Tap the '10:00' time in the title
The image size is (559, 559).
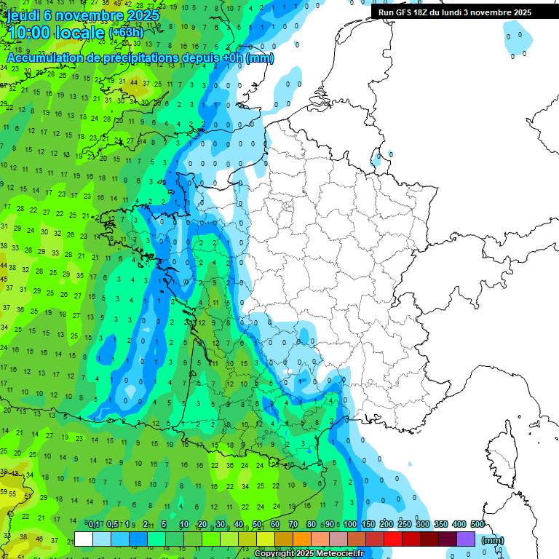click(x=31, y=33)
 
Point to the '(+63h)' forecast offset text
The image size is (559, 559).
click(x=126, y=33)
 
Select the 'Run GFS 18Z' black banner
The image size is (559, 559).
click(x=455, y=12)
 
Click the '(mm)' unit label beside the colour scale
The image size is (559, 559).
click(x=492, y=540)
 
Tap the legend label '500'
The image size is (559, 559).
click(x=477, y=525)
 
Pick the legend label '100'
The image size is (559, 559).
click(x=349, y=525)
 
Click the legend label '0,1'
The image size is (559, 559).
click(x=93, y=525)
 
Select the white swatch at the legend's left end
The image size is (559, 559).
click(x=84, y=539)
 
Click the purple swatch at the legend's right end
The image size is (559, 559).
click(x=466, y=539)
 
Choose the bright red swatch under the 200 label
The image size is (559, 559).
click(x=393, y=539)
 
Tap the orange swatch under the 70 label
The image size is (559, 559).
click(x=302, y=539)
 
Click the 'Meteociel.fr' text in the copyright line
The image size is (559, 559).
click(x=338, y=554)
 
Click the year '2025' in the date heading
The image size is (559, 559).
click(x=134, y=15)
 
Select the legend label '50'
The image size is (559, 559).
click(x=257, y=525)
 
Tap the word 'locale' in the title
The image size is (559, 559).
click(x=82, y=33)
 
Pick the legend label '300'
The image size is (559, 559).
click(x=422, y=525)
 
